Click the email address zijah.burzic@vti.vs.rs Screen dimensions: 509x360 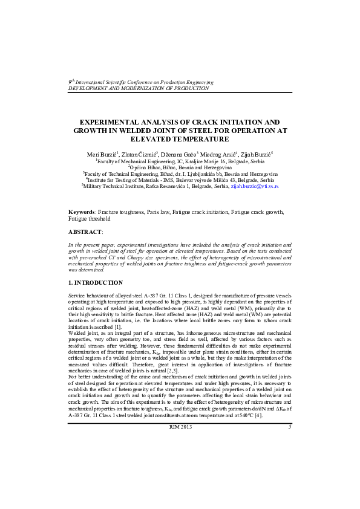[254, 187]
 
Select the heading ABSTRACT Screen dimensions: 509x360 [85, 232]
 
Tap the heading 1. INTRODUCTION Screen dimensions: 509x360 [96, 283]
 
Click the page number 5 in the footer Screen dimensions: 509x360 [289, 428]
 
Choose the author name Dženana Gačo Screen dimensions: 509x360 [179, 155]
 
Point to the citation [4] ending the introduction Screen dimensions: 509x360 [258, 415]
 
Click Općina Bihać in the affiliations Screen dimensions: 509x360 [145, 167]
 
